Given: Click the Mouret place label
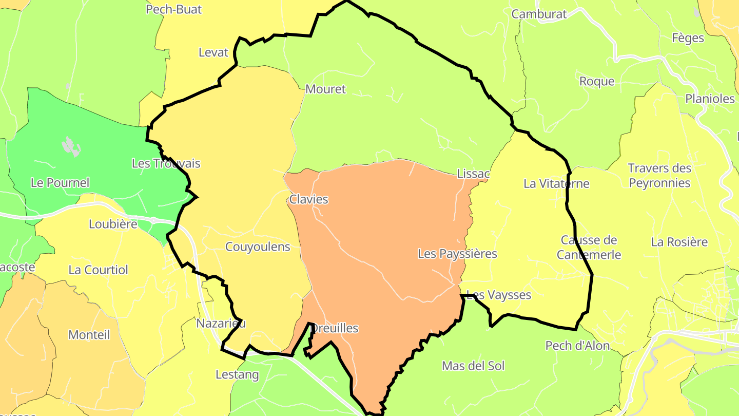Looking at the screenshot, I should [x=325, y=89].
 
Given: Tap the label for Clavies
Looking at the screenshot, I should [x=308, y=199].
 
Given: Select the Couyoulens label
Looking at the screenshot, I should [x=258, y=247].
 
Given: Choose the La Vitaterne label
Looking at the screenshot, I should [x=556, y=183].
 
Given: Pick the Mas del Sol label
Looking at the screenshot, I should [x=473, y=366].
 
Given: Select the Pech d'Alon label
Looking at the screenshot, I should [x=577, y=346].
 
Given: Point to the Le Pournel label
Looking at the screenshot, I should [x=60, y=182].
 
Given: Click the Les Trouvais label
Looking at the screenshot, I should [x=166, y=163].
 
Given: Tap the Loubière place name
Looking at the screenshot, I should [x=113, y=224].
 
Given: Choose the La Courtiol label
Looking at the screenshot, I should [x=98, y=270].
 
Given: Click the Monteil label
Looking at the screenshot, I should [x=89, y=335].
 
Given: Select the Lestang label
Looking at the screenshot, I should [x=237, y=374].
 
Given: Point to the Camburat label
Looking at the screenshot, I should [x=539, y=14].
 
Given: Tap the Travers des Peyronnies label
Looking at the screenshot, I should [x=659, y=175].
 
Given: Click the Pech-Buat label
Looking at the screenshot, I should [x=173, y=9].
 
